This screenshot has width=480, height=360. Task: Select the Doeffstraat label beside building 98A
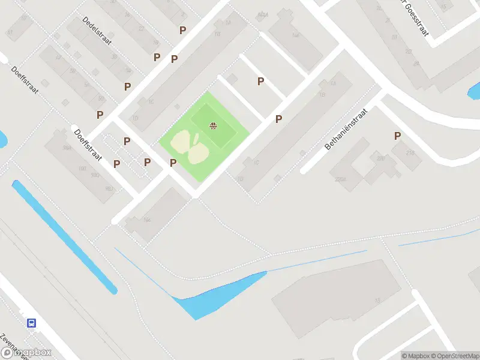[87, 145]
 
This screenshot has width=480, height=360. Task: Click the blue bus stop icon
[31, 323]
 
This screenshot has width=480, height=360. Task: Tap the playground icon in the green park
[213, 125]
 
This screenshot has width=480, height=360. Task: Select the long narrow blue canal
[64, 236]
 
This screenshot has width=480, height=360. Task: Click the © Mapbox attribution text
[418, 356]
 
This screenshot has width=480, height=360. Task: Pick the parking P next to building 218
[397, 136]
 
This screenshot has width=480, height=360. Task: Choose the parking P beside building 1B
[278, 119]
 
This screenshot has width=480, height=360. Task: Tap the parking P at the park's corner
[173, 163]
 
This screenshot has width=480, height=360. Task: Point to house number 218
[410, 152]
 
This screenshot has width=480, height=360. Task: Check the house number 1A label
[332, 82]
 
